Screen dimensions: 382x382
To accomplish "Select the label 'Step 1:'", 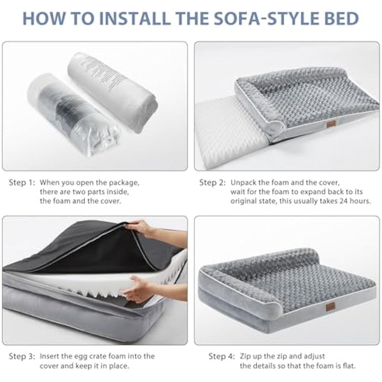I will point(22,183).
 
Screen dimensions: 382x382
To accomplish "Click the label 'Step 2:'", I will point(212,183).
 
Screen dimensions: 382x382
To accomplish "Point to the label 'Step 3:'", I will point(22,357).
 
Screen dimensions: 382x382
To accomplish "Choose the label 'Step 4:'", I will point(222,357).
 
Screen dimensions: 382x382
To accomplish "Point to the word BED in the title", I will point(346,18).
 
